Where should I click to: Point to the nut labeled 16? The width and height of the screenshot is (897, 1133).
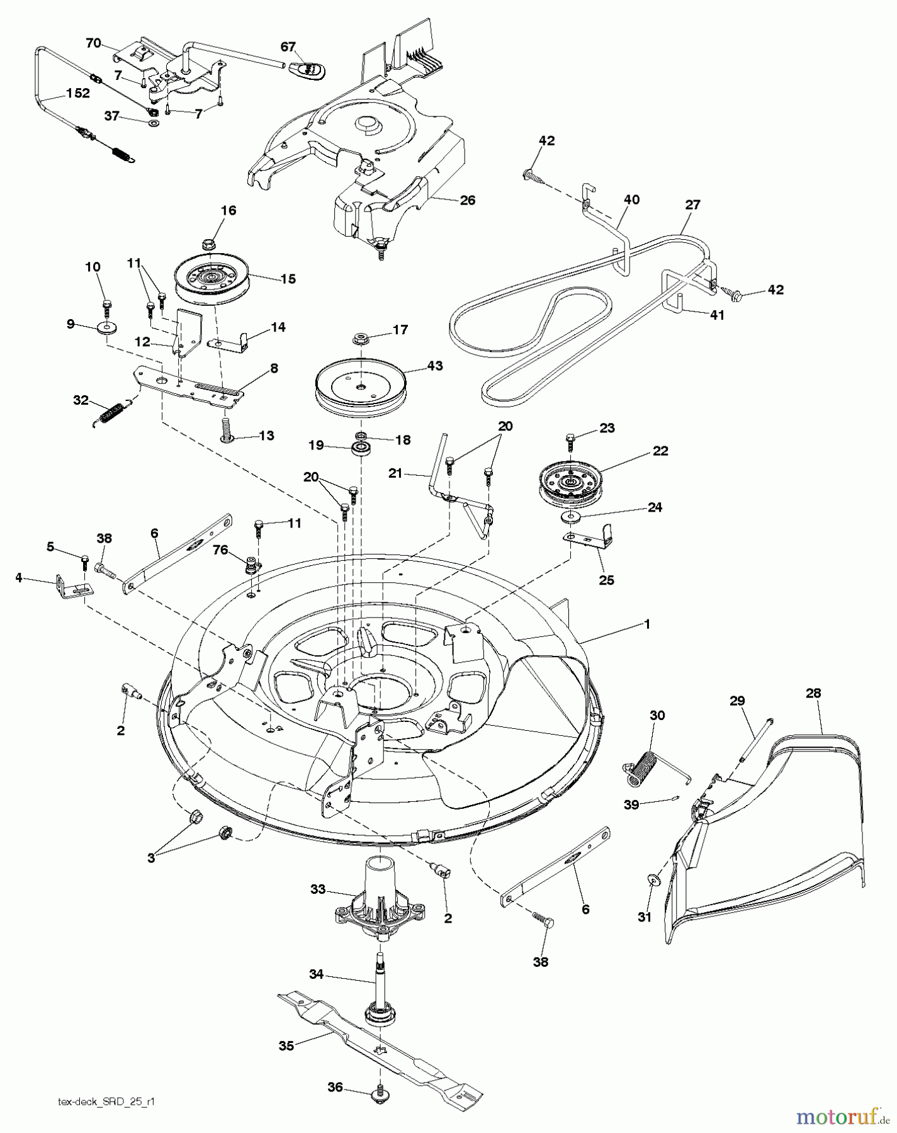click(x=208, y=243)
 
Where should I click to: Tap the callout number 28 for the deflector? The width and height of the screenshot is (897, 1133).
click(x=813, y=693)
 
